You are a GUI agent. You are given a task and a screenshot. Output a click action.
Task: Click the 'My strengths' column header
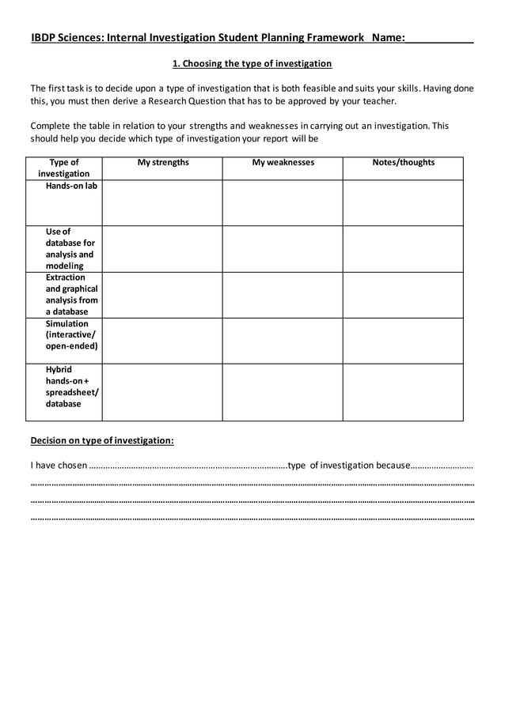click(163, 163)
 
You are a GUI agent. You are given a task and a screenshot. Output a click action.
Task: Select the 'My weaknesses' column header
click(283, 163)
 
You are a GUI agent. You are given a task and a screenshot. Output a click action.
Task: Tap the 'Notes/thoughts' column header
click(403, 163)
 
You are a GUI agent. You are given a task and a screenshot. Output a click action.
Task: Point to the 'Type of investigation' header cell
click(64, 168)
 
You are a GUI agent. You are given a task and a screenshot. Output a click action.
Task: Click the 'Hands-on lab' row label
click(71, 186)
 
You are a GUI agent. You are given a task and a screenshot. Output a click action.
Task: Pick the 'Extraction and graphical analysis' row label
click(72, 295)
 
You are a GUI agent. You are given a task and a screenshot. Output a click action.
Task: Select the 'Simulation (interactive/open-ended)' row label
click(71, 335)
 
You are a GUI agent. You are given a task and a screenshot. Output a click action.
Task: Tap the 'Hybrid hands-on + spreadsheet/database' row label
click(71, 387)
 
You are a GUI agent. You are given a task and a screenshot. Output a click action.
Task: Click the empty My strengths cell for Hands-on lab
click(162, 203)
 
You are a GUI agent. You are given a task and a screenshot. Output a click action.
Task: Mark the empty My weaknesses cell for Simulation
click(283, 341)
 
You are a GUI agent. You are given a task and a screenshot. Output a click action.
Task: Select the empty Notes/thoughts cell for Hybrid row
click(403, 392)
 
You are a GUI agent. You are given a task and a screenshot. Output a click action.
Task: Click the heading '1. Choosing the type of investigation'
click(252, 63)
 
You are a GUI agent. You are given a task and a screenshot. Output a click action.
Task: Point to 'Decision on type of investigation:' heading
click(102, 440)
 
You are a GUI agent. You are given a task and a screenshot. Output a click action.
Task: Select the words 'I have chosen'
click(59, 465)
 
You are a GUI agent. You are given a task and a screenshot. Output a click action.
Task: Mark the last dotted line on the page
click(252, 519)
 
